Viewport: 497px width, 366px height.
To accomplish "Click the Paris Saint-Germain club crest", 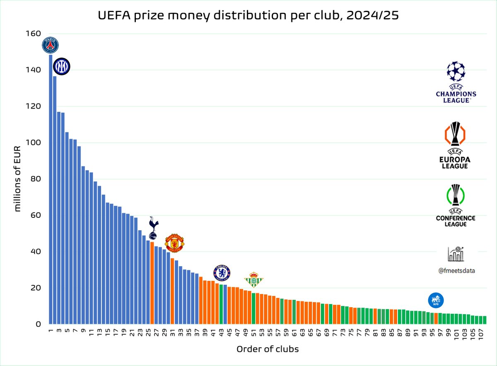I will (x=51, y=45).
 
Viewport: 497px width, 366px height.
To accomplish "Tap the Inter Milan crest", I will (x=62, y=67).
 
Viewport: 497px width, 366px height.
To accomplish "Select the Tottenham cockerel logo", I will (x=153, y=228).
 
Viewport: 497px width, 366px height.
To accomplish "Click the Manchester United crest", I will (x=174, y=243).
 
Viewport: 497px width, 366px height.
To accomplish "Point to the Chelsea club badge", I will (x=222, y=273).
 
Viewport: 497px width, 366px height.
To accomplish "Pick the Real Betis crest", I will (x=253, y=280).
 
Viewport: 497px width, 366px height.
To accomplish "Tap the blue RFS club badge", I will (x=436, y=300).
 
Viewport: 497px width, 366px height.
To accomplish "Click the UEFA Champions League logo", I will (x=456, y=82).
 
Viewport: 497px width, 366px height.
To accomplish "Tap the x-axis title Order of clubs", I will (x=268, y=349).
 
